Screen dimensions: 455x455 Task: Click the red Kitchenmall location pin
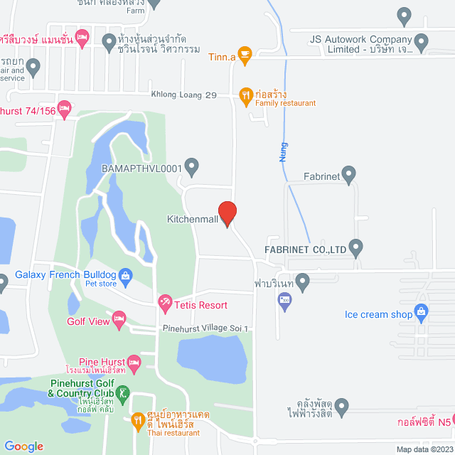click(x=227, y=213)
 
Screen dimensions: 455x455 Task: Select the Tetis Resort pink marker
click(x=165, y=304)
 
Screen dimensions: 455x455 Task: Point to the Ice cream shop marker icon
click(x=421, y=311)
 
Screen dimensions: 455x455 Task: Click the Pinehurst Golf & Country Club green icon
click(x=124, y=392)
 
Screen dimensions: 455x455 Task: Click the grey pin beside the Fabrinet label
click(x=348, y=173)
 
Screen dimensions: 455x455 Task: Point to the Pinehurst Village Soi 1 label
click(x=205, y=328)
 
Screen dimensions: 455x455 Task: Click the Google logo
click(x=23, y=446)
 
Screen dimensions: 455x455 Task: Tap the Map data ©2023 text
click(x=424, y=449)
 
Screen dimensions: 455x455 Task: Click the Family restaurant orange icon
click(x=245, y=94)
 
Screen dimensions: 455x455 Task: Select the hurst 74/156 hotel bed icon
click(x=65, y=109)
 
